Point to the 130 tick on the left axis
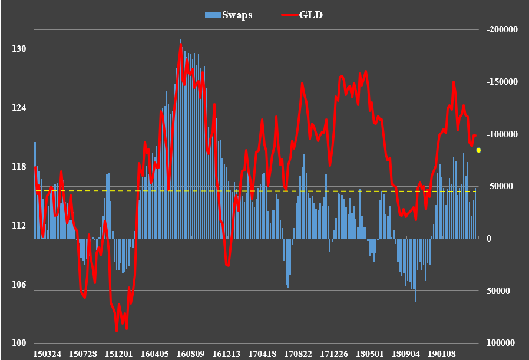tap(19, 49)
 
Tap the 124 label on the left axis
tap(19, 108)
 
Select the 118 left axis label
tap(19, 167)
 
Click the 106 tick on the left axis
tap(19, 285)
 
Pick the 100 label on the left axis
tap(19, 344)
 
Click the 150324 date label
tap(47, 354)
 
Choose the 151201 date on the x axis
tap(119, 354)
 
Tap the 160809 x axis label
tap(191, 354)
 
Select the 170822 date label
tap(299, 354)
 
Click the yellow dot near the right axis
tap(479, 151)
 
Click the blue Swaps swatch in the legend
tap(212, 15)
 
